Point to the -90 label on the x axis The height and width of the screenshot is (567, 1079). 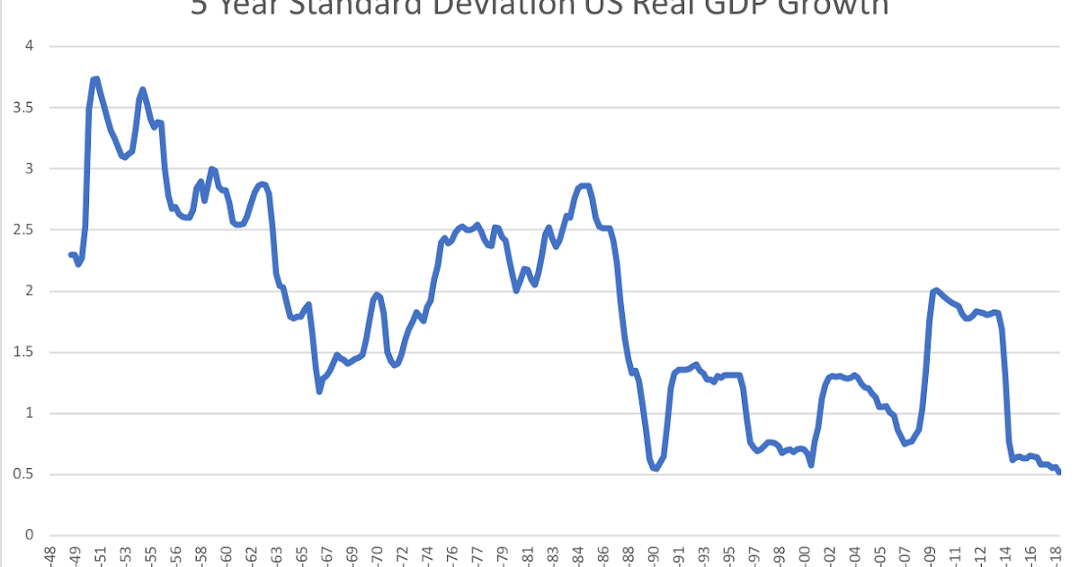pyautogui.click(x=653, y=556)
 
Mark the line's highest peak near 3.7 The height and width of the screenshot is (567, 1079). pyautogui.click(x=95, y=79)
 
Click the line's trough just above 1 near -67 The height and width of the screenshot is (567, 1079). pyautogui.click(x=319, y=391)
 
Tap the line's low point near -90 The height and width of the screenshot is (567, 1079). pyautogui.click(x=655, y=469)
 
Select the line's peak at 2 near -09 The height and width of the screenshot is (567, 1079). pyautogui.click(x=936, y=290)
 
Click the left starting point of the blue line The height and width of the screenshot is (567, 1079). pyautogui.click(x=71, y=255)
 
